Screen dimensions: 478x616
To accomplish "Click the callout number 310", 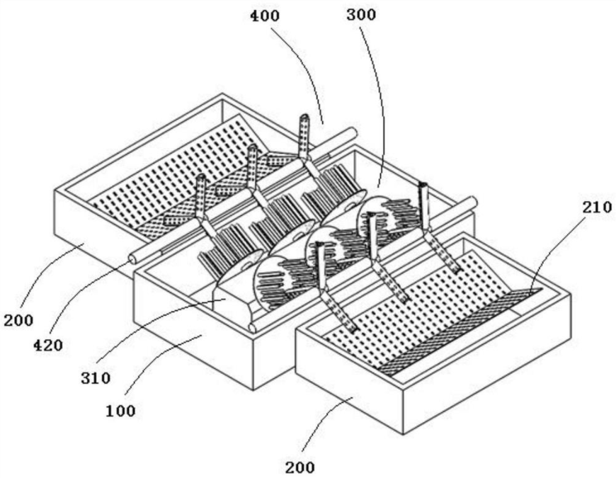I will pyautogui.click(x=94, y=377).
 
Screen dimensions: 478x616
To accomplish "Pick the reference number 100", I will pyautogui.click(x=120, y=410).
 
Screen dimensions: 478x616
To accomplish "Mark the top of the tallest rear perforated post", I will pyautogui.click(x=304, y=118).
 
